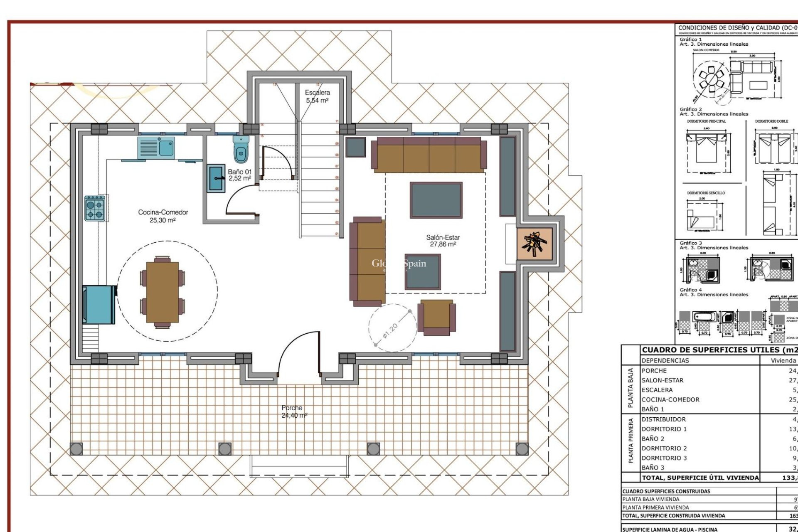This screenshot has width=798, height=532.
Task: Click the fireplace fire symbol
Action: click(x=534, y=244)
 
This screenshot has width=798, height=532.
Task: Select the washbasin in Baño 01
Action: click(x=216, y=178)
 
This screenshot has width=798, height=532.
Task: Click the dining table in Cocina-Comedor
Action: click(x=163, y=292)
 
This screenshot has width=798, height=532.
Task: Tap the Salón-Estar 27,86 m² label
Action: click(x=443, y=241)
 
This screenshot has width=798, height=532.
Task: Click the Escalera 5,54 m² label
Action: click(x=317, y=96)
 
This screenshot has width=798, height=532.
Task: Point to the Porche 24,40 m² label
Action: click(x=293, y=411)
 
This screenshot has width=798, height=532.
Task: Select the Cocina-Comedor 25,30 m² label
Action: click(x=163, y=216)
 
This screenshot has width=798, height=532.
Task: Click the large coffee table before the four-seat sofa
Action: click(x=436, y=200)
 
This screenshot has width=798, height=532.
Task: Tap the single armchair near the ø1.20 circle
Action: click(x=436, y=317)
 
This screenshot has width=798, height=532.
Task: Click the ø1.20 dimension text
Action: click(x=390, y=330)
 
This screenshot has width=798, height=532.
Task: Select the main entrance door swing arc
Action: click(x=291, y=349)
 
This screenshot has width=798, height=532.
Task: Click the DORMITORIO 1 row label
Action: click(x=664, y=429)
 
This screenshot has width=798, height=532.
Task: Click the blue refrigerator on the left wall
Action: click(x=99, y=304)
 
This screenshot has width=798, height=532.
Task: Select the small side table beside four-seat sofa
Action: click(x=355, y=147)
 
